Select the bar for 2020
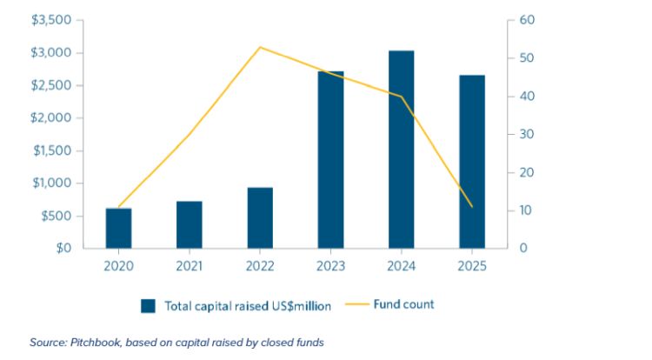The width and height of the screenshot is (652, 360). coord(119,228)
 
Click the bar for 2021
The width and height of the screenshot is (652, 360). coord(190,224)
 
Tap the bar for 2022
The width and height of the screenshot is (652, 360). coord(260,217)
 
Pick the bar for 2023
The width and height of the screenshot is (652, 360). coord(330,159)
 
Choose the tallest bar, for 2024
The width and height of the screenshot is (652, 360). coord(401,149)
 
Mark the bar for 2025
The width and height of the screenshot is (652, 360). coord(472,161)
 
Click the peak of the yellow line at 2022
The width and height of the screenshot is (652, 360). coord(260,47)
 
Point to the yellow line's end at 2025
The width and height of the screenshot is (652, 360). coord(472,207)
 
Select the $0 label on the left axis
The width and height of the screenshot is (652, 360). coord(62,249)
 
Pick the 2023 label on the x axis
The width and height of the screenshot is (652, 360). coord(330,266)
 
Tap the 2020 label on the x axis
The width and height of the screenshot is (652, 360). coord(119,266)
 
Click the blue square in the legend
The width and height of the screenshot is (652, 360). coord(149,305)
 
